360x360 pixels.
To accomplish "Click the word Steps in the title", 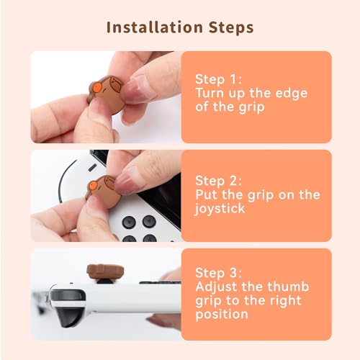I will click(x=228, y=27).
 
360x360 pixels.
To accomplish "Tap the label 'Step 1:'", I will click(x=221, y=78).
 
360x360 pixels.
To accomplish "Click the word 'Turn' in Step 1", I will click(x=212, y=93).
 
